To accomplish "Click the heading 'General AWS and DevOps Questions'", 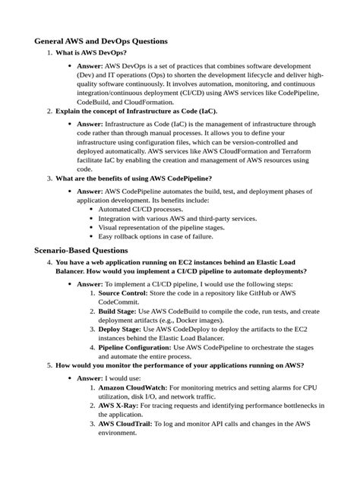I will [101, 41].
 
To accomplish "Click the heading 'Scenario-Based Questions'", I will [81, 250].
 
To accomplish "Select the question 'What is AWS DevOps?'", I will [91, 53].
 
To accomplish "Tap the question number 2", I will [49, 111].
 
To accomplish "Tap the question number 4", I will [49, 262].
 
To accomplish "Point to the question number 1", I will [49, 53].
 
